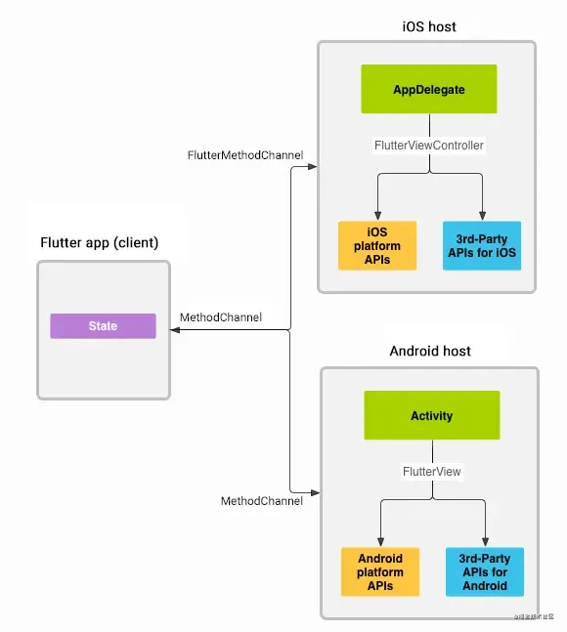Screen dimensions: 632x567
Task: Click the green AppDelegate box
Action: click(429, 89)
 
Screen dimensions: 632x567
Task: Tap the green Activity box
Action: click(431, 415)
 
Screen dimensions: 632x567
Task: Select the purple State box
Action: click(103, 326)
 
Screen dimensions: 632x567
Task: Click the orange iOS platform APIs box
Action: click(377, 245)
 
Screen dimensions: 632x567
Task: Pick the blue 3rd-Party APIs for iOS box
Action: click(480, 245)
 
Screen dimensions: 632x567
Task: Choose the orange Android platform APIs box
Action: click(380, 570)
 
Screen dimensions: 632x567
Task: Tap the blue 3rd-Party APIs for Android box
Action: click(484, 570)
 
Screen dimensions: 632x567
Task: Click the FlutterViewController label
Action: click(429, 145)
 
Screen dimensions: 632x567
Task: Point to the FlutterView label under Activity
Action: click(431, 471)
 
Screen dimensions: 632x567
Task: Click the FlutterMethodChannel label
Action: click(244, 155)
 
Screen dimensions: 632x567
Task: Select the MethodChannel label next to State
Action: click(221, 317)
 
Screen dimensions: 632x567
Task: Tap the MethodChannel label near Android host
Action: click(261, 501)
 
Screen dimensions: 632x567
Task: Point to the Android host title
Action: click(430, 351)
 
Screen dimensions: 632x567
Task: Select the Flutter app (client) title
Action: click(99, 242)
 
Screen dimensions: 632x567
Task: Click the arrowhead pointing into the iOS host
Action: click(313, 167)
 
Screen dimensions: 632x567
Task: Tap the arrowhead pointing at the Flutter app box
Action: click(176, 331)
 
